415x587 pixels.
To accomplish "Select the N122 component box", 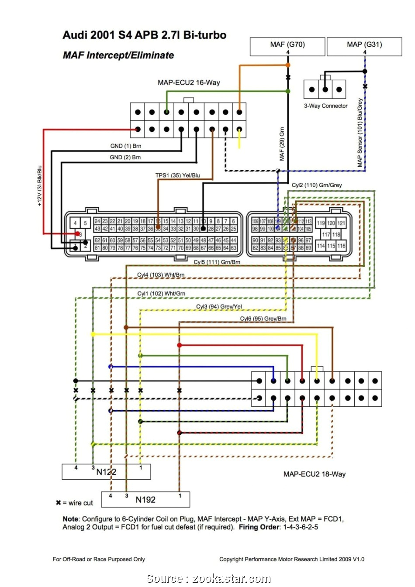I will [106, 472].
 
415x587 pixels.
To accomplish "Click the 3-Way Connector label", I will [325, 106].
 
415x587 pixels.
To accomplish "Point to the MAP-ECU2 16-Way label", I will [189, 82].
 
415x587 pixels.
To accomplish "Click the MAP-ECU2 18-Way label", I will [314, 474].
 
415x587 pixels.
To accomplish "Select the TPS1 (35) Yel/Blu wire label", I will [177, 175].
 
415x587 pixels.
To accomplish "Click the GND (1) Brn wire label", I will [125, 146].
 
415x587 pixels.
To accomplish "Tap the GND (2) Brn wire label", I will [125, 158].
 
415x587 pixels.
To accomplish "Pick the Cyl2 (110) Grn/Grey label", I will [317, 185].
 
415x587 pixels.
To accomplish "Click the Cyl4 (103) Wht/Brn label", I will [161, 275].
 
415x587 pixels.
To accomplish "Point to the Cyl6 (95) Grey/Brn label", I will [263, 319].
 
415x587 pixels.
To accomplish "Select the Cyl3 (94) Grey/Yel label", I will [219, 307].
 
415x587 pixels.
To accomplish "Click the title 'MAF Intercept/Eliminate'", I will [118, 55].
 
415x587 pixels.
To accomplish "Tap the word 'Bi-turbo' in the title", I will [204, 35].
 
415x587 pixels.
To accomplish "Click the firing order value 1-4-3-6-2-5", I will [300, 527].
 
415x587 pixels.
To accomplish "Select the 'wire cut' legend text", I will [80, 503].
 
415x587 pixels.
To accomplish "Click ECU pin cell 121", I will [341, 223].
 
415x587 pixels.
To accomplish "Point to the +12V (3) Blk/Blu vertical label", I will [39, 185].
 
